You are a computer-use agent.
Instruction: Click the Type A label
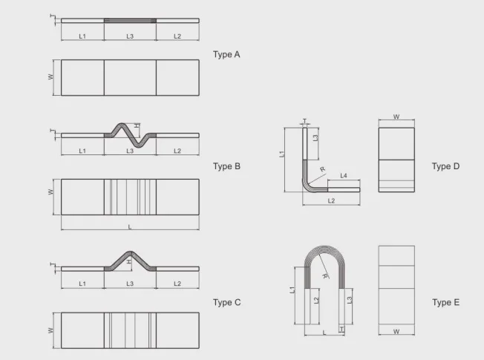(x=226, y=55)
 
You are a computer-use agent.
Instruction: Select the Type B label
(x=226, y=166)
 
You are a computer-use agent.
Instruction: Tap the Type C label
(x=226, y=302)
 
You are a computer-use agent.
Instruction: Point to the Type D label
(x=445, y=166)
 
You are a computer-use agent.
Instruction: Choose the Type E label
(x=445, y=302)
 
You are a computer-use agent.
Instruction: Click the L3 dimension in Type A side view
(x=130, y=36)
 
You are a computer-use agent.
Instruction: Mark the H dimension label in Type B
(x=137, y=125)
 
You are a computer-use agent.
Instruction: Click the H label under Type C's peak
(x=129, y=261)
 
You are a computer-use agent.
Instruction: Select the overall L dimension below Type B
(x=130, y=227)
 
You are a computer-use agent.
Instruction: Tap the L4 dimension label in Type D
(x=344, y=176)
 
